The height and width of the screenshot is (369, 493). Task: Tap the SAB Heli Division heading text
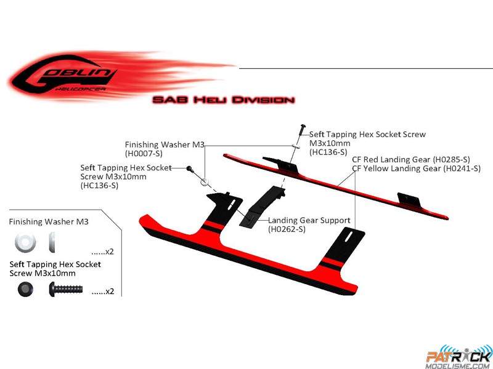224,100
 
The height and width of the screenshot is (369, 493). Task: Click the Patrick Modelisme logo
458,357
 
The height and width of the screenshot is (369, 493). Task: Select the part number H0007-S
144,153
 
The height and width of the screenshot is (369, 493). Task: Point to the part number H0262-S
287,229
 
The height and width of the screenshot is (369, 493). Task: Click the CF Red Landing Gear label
411,159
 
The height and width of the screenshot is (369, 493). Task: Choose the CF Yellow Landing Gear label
417,169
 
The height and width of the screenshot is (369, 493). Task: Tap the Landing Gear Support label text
309,221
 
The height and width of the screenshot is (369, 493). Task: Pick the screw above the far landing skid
303,129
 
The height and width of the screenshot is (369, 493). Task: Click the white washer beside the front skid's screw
205,181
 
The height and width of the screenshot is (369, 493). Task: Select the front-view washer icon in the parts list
25,242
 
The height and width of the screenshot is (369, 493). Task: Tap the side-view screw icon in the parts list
66,289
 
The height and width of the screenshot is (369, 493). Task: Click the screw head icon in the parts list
25,289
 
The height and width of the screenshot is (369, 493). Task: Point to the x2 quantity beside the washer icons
102,252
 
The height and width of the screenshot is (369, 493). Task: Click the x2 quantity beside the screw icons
102,292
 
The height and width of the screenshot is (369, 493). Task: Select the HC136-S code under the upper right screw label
328,152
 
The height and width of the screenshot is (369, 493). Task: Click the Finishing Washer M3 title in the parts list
49,222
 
